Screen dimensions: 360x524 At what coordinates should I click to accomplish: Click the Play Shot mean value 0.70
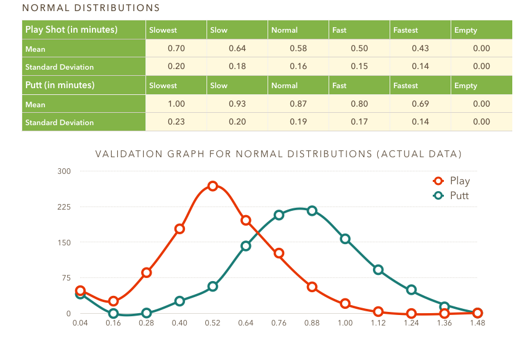click(x=176, y=48)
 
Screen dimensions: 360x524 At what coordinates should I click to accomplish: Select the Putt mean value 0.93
click(x=237, y=104)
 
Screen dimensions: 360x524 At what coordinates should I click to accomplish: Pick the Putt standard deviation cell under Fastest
click(x=420, y=122)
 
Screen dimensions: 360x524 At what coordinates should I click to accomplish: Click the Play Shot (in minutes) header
click(x=71, y=30)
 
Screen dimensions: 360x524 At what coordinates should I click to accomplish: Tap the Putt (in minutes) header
click(x=60, y=85)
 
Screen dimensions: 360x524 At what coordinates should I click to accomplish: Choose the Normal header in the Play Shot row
click(x=284, y=30)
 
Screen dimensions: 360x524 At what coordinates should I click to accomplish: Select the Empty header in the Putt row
click(x=465, y=86)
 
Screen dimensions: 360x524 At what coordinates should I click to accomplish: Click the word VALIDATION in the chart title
click(x=127, y=153)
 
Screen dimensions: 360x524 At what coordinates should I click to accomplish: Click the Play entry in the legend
click(x=460, y=181)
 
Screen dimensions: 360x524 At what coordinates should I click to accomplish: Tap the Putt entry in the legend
click(x=460, y=195)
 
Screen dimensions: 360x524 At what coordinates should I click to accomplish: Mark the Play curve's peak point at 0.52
click(x=213, y=186)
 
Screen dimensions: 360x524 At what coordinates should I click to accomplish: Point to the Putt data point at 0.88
click(x=312, y=211)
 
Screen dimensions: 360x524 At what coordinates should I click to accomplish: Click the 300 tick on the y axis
click(x=65, y=171)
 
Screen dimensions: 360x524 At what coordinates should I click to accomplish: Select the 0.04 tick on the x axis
click(x=80, y=322)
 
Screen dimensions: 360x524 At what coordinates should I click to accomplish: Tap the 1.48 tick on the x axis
click(x=477, y=322)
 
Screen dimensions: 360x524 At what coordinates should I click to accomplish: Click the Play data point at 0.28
click(x=147, y=272)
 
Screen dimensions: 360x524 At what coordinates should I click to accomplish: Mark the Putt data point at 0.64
click(x=246, y=246)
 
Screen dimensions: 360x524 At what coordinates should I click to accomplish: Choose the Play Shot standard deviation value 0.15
click(x=359, y=67)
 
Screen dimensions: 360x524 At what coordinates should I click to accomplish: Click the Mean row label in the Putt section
click(x=35, y=104)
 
